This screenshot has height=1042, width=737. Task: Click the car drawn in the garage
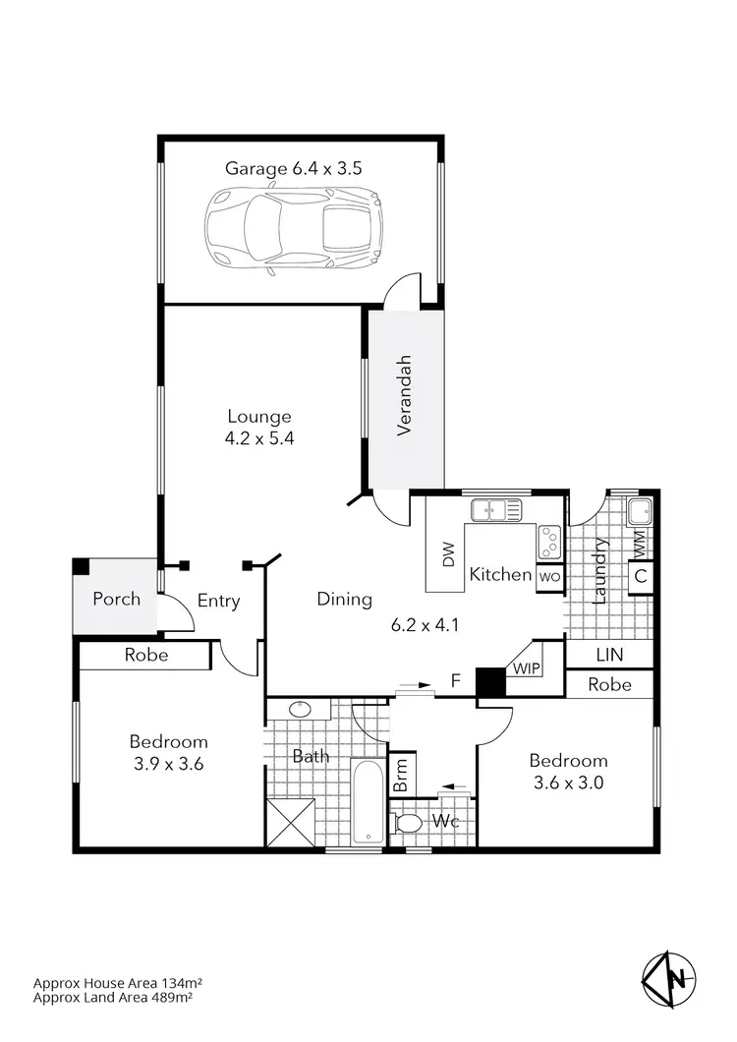[293, 228]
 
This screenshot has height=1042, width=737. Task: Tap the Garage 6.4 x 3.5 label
[294, 168]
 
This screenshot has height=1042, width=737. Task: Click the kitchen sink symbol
[496, 509]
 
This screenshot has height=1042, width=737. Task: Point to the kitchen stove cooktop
[548, 540]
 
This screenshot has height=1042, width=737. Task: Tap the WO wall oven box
[548, 577]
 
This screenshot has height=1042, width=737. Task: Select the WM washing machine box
[640, 540]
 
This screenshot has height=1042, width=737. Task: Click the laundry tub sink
[640, 511]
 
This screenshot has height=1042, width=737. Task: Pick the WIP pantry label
[525, 668]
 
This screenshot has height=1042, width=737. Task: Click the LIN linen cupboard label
[609, 655]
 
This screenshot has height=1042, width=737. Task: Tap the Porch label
[116, 599]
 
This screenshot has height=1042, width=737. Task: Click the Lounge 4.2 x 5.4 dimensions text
[259, 439]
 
